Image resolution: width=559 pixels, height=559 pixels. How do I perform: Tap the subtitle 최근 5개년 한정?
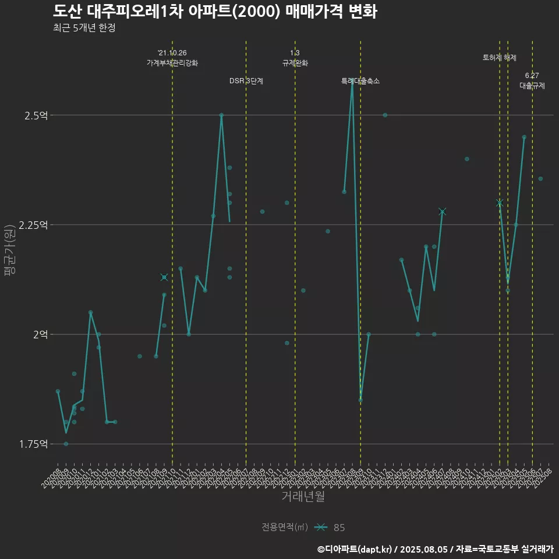84,28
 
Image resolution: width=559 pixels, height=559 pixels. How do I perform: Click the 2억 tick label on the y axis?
41,334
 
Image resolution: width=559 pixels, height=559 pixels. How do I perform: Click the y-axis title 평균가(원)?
9,250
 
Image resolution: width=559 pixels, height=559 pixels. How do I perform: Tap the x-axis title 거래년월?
303,497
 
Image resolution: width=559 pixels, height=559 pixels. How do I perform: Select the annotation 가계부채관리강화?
172,63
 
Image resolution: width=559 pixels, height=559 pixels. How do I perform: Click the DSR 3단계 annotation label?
246,81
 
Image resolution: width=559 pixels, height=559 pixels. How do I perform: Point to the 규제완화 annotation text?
295,63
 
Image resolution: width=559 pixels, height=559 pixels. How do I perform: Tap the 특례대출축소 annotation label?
360,81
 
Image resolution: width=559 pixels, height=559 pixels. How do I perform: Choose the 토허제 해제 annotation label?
500,58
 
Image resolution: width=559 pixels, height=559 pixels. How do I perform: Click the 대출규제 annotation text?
532,86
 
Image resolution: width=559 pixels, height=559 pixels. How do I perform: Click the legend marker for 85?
320,528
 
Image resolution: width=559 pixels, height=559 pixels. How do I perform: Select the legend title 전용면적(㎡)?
284,528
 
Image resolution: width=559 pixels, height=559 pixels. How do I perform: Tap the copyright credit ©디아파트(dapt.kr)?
356,549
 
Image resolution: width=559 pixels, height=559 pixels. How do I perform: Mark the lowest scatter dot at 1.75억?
66,444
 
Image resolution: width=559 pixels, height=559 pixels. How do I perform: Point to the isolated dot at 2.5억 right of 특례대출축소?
385,115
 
